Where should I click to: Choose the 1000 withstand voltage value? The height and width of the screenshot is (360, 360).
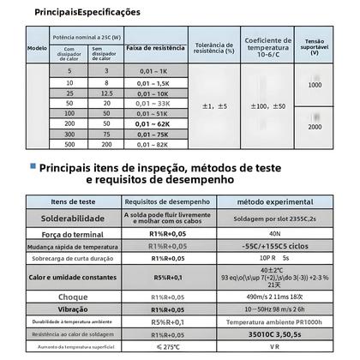[x=315, y=86]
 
